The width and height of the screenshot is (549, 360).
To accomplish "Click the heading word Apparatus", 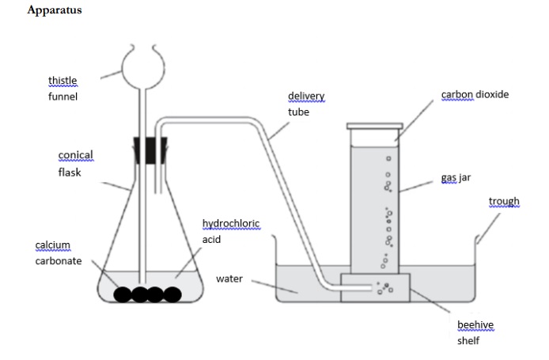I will pos(54,10).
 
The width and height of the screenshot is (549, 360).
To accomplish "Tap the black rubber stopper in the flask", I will pos(148,150).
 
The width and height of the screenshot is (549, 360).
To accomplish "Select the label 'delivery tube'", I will pos(306,104).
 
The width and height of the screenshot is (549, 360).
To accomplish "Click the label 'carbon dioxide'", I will pos(475,95).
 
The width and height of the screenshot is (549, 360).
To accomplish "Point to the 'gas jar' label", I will pos(456,178).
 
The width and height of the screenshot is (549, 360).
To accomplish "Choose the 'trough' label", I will pos(504,202).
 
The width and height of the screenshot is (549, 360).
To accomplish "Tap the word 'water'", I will pos(229,279).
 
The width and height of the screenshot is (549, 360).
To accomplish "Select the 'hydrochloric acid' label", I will pos(230,231).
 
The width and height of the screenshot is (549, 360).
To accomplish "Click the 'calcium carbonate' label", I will pos(58,253).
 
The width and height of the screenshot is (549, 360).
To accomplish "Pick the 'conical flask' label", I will pos(75,163).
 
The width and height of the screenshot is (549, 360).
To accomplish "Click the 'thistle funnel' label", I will pos(63,89).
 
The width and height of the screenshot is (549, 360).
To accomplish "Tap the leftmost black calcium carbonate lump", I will pos(123,294).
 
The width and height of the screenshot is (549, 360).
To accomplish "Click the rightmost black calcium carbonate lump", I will pos(172,294).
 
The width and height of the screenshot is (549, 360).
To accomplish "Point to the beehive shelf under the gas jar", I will pos(376,288).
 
